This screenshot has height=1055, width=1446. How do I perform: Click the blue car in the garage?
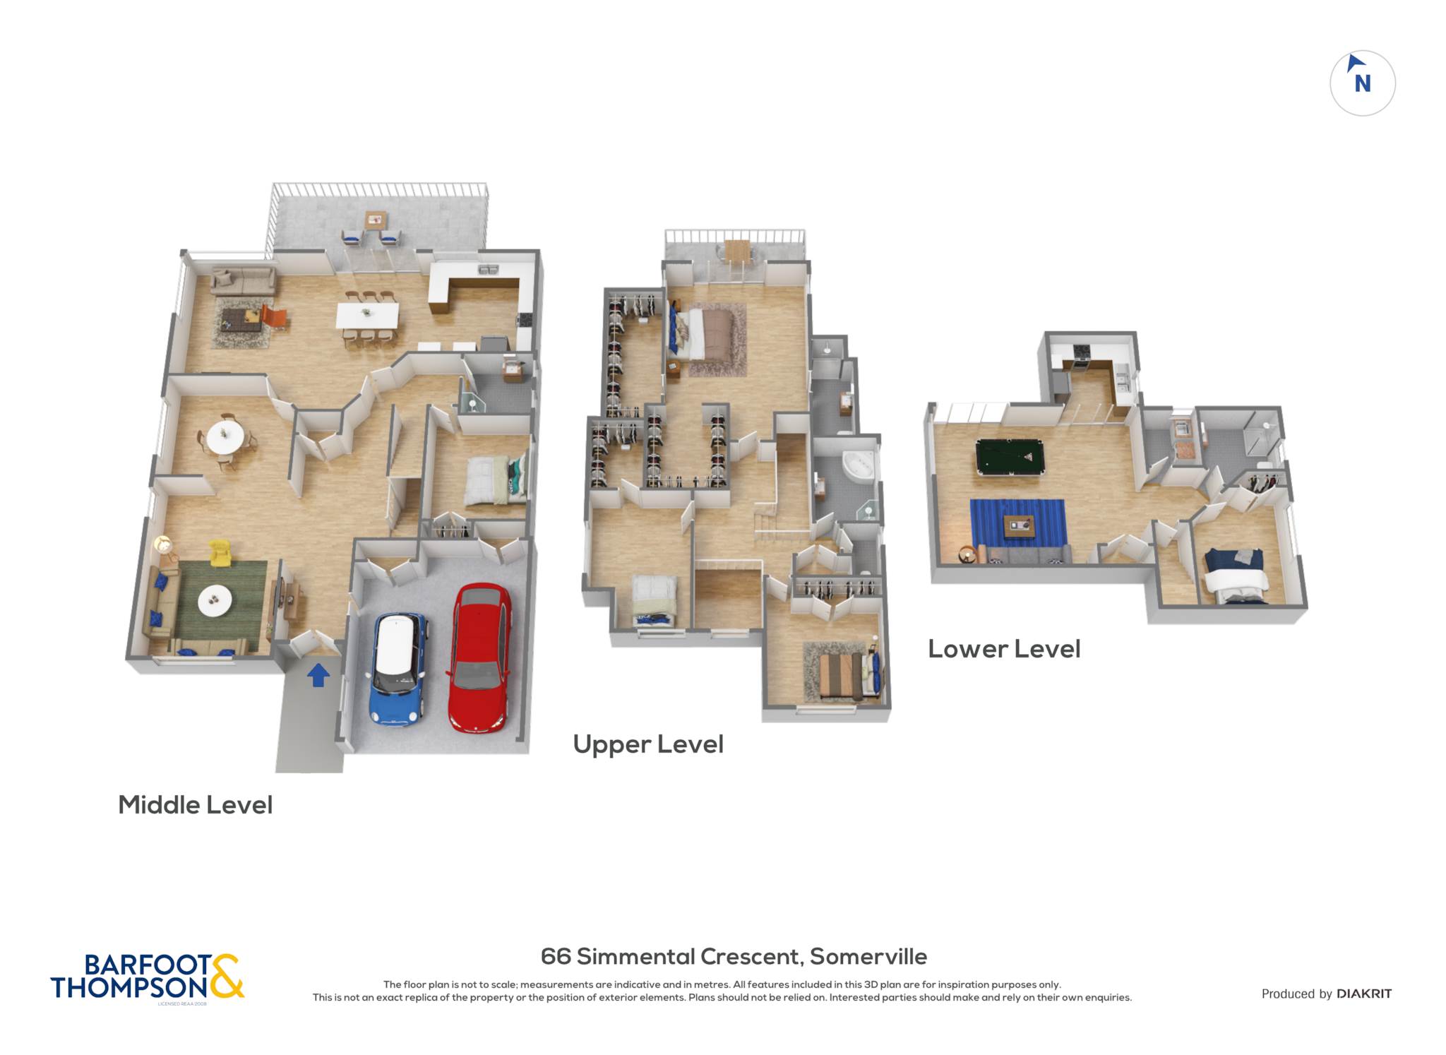pyautogui.click(x=398, y=668)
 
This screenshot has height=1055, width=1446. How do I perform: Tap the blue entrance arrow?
pyautogui.click(x=318, y=674)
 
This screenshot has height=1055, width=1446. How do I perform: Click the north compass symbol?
pyautogui.click(x=1362, y=83)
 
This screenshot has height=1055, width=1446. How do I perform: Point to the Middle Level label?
pyautogui.click(x=195, y=805)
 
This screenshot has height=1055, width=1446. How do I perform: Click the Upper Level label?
pyautogui.click(x=648, y=744)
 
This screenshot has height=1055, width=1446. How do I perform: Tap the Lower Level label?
pyautogui.click(x=1004, y=649)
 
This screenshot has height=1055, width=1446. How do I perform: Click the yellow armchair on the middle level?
pyautogui.click(x=220, y=552)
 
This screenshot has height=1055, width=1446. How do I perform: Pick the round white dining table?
pyautogui.click(x=225, y=438)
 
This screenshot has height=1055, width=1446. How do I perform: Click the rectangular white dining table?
pyautogui.click(x=367, y=315)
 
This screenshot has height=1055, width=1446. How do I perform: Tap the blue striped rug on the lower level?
pyautogui.click(x=1017, y=523)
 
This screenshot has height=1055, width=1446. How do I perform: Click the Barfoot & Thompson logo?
pyautogui.click(x=148, y=977)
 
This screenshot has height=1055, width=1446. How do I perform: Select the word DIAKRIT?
pyautogui.click(x=1364, y=994)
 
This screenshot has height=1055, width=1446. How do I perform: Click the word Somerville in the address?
pyautogui.click(x=868, y=956)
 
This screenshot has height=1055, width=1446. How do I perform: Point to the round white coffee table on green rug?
pyautogui.click(x=215, y=601)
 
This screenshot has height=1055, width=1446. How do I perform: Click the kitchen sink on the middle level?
pyautogui.click(x=488, y=269)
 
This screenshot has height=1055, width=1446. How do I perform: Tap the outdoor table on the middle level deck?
pyautogui.click(x=375, y=219)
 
